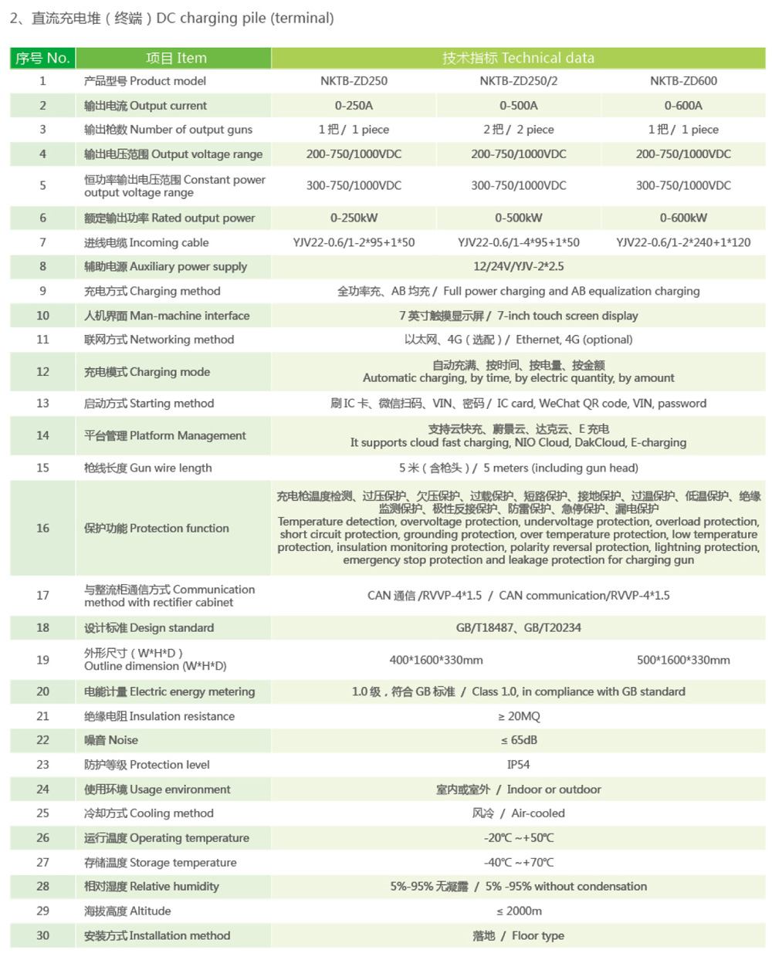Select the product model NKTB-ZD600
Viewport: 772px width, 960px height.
point(683,81)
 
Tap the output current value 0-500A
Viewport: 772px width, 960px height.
point(518,106)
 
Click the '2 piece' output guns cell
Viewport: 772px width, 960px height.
point(518,130)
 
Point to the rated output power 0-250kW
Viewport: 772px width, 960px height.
point(354,218)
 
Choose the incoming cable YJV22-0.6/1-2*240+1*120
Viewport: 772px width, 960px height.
point(683,242)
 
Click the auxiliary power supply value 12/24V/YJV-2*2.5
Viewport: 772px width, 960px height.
point(518,266)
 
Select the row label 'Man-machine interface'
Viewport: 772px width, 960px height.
point(167,316)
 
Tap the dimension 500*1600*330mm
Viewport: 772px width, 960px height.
point(683,660)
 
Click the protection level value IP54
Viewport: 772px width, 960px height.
point(518,765)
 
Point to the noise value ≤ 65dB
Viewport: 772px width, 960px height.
point(518,740)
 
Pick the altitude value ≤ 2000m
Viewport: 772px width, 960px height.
point(518,911)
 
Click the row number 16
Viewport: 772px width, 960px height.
point(42,528)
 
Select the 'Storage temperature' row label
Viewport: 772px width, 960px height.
point(161,862)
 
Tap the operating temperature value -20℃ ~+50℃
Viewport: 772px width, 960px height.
point(518,837)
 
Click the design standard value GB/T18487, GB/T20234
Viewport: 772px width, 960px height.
point(518,627)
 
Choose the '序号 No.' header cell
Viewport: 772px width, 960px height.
point(42,58)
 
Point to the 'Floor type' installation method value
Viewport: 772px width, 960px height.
point(518,935)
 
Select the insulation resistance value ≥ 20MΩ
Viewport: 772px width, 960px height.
point(518,716)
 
